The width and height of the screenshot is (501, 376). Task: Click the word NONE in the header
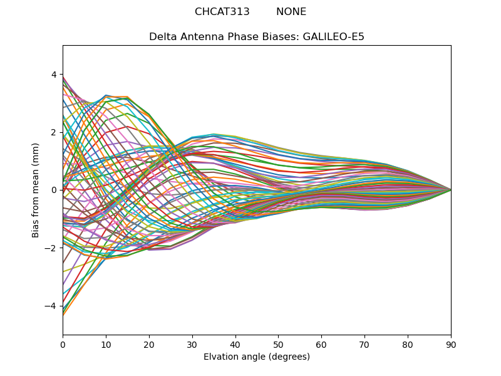291,12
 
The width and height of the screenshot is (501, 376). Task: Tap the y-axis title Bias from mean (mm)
36,190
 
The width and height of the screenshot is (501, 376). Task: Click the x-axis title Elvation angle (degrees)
257,357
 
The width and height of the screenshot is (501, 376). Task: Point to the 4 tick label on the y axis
54,75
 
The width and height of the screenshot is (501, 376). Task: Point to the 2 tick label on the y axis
54,132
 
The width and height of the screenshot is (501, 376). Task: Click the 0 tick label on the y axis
54,190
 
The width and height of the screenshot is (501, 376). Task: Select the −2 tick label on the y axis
51,248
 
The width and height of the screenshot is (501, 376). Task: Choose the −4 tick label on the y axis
51,306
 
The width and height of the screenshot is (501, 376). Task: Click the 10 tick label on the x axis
106,344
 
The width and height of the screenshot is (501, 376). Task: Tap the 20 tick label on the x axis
149,344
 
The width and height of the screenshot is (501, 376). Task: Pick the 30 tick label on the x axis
192,344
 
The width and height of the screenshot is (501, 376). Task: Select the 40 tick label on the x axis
235,344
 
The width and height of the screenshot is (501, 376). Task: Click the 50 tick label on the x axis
278,344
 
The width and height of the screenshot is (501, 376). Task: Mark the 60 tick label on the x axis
321,344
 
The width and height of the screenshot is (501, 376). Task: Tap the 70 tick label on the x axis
364,344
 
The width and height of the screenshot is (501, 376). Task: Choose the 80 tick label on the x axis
408,344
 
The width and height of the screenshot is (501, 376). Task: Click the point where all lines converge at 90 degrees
450,190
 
